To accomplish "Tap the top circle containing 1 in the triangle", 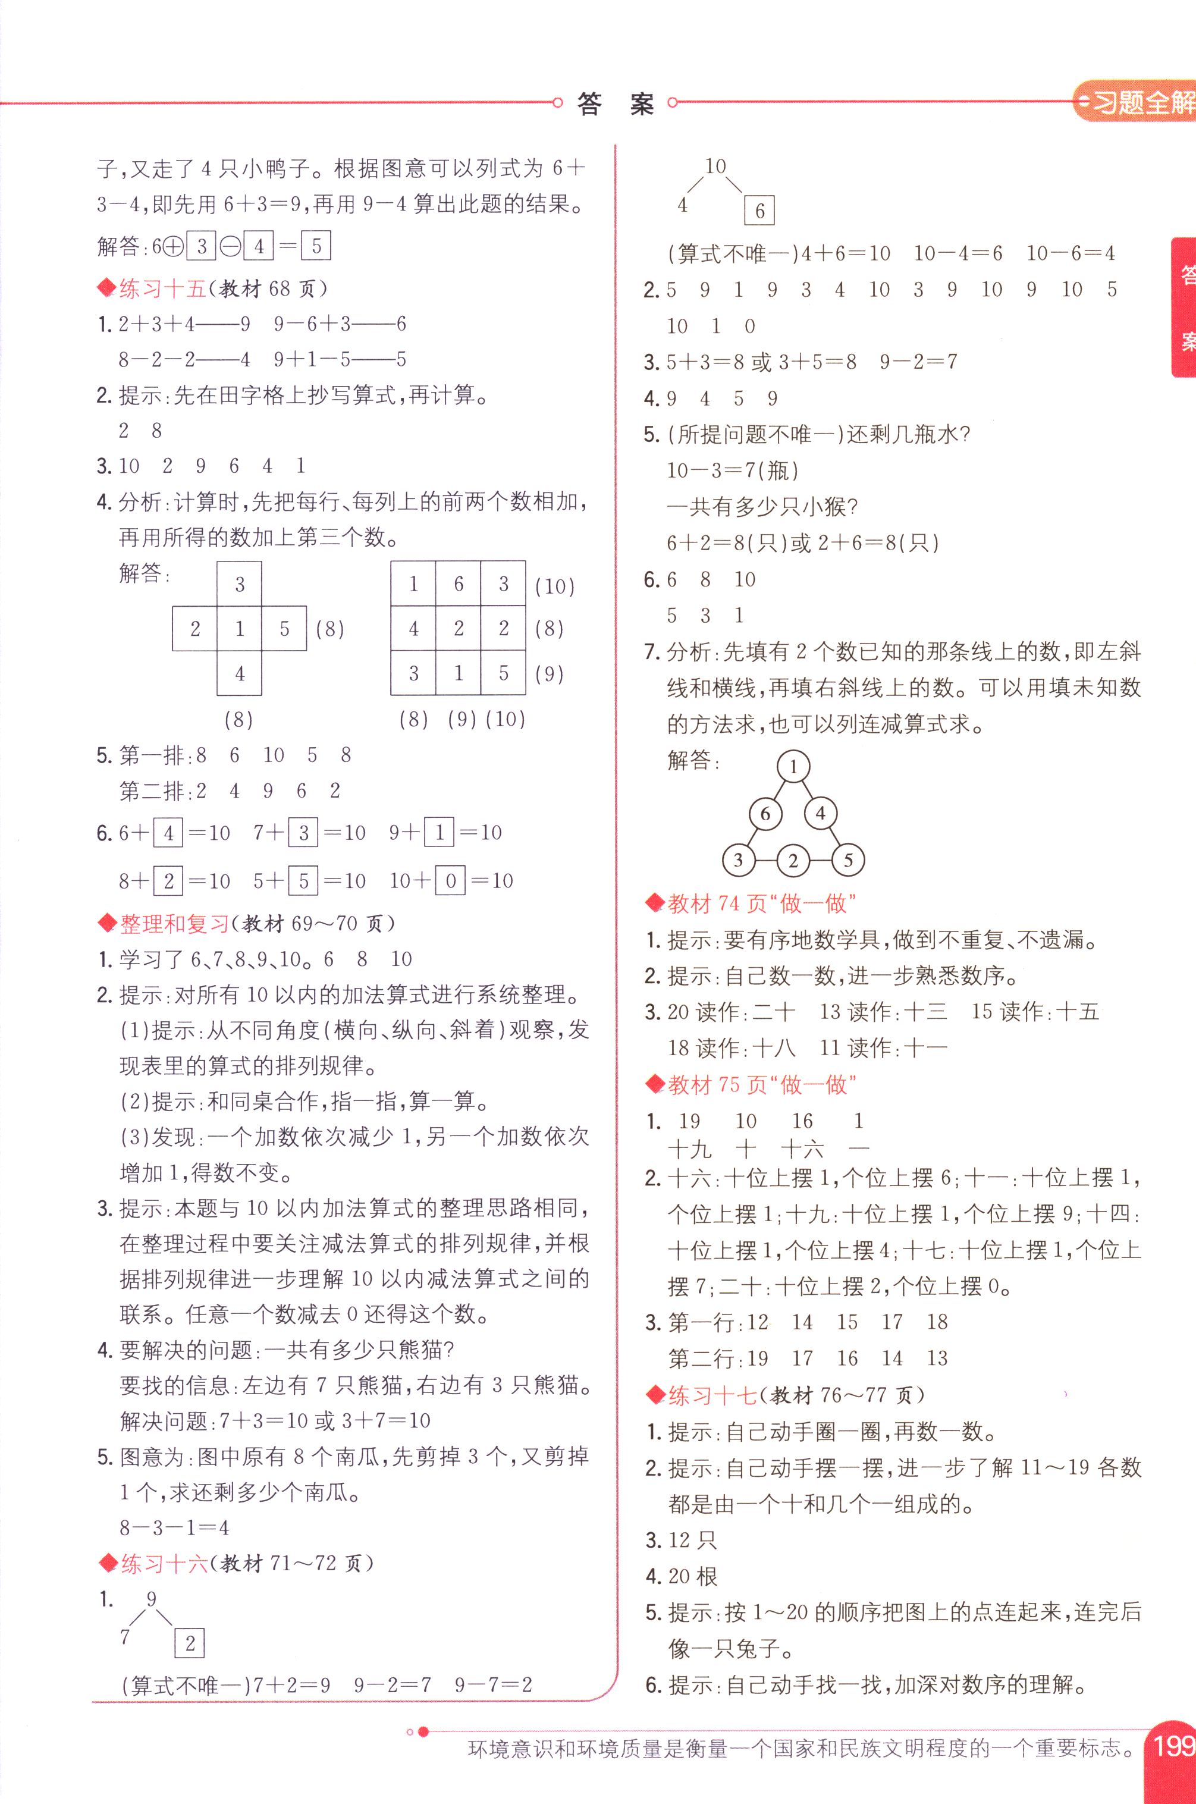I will coord(793,767).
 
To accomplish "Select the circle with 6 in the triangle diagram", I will coord(765,814).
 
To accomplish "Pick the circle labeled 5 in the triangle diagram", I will coord(847,861).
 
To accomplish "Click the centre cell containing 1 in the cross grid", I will coord(240,629).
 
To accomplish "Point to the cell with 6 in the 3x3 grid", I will coord(459,583).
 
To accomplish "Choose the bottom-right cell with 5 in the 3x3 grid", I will coord(503,673).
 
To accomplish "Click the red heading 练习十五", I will coord(162,288).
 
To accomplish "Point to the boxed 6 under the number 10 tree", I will coord(759,211).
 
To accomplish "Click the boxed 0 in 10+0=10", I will coord(451,881).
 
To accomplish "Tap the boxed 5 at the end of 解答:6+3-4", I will coord(316,246).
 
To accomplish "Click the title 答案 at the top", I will coord(616,103).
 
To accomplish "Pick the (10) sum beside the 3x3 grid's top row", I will coord(554,586).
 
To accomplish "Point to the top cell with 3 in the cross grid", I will coord(240,584).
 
